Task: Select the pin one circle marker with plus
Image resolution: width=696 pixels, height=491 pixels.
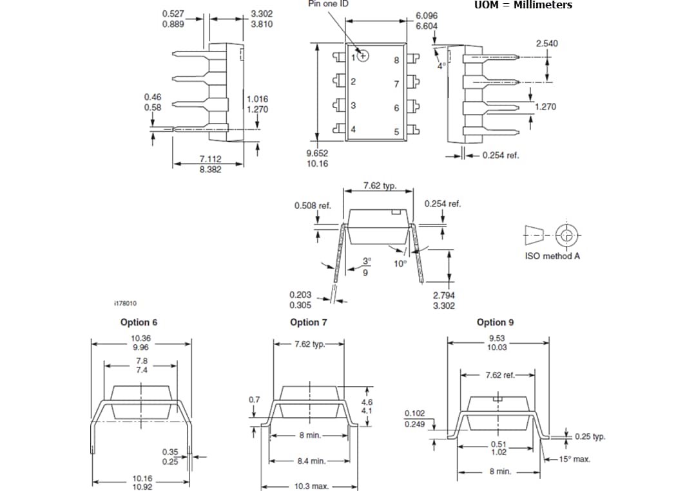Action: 363,56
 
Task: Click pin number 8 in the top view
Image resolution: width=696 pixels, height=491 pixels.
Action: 396,60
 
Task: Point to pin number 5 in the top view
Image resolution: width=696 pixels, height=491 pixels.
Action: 396,132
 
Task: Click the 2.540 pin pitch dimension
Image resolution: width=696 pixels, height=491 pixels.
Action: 546,44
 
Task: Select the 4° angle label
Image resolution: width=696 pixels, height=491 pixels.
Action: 441,66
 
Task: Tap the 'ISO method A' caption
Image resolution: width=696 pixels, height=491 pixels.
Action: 553,256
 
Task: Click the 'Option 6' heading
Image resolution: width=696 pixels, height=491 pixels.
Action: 139,322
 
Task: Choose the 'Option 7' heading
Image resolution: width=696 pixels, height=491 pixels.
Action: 308,322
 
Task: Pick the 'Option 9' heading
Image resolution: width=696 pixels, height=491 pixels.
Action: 495,322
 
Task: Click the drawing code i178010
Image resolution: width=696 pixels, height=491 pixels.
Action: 125,303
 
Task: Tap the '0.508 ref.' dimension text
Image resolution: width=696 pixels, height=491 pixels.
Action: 313,206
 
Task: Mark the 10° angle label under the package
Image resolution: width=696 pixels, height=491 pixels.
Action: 400,264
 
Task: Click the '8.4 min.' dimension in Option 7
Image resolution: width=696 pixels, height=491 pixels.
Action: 311,461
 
